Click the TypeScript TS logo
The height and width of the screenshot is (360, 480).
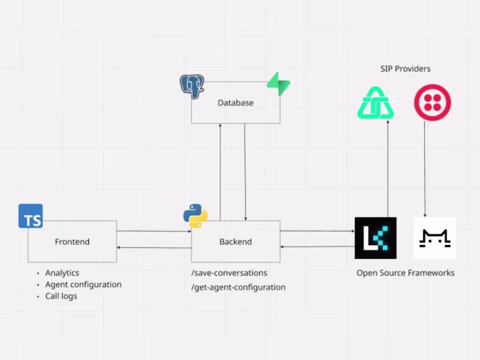tap(31, 216)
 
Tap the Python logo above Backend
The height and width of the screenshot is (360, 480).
tap(195, 216)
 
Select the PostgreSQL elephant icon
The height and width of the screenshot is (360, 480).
tap(192, 86)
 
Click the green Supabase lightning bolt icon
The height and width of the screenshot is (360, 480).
tap(278, 84)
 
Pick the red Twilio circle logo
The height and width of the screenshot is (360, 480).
tap(432, 103)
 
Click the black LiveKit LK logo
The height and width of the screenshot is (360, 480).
tap(375, 238)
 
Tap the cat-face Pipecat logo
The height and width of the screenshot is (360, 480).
tap(435, 238)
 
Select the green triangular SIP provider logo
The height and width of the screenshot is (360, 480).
tap(375, 103)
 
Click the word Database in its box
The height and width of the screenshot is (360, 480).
tap(236, 103)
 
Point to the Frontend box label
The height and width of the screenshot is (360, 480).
tap(72, 242)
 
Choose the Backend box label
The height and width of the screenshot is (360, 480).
tap(236, 242)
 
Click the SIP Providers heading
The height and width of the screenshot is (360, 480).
tap(405, 69)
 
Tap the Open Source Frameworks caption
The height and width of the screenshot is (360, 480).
tap(405, 273)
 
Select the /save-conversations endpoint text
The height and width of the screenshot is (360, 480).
tap(229, 273)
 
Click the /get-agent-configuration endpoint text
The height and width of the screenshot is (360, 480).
tap(238, 288)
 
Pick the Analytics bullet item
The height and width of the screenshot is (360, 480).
tap(62, 273)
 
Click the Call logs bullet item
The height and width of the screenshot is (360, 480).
tap(61, 296)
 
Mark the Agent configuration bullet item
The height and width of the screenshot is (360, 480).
tap(83, 285)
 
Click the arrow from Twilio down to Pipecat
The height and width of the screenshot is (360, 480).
tap(425, 170)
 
